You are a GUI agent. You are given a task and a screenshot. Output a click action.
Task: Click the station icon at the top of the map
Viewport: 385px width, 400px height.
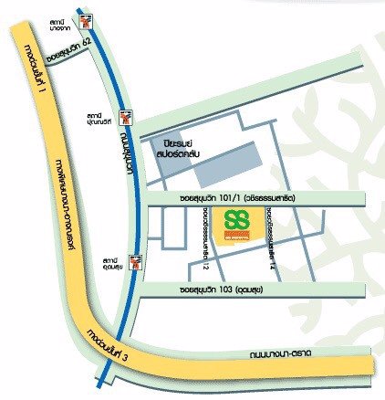point(85,19)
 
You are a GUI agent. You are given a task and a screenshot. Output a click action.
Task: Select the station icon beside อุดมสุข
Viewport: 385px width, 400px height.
point(135,263)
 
